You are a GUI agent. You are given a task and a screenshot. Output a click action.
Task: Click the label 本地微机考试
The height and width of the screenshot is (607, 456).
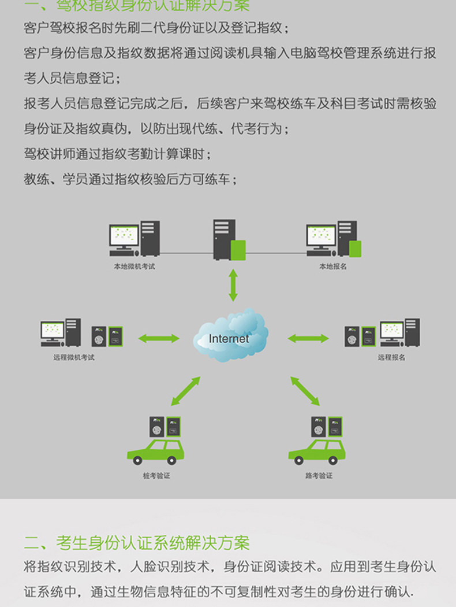click(134, 267)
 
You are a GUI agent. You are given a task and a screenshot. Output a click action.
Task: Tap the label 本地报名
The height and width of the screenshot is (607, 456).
click(333, 267)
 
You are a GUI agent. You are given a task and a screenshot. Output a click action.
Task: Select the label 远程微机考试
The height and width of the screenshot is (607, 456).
click(73, 357)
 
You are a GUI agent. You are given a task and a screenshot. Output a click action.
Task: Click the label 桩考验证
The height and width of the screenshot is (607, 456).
click(156, 476)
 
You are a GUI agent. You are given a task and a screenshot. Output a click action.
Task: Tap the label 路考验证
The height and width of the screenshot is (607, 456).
click(319, 476)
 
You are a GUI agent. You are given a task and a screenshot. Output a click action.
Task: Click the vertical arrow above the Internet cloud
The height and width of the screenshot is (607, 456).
click(233, 285)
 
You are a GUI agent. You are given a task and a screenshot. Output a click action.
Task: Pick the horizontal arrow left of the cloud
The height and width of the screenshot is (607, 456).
click(159, 338)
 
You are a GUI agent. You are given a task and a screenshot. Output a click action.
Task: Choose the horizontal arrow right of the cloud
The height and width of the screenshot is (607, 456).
click(308, 338)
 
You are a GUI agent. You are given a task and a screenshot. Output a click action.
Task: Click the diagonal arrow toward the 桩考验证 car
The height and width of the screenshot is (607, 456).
click(185, 391)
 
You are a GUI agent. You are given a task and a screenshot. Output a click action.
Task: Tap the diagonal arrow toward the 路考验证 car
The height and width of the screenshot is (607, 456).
click(305, 391)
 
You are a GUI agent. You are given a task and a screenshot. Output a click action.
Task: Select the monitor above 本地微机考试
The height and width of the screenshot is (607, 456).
click(124, 236)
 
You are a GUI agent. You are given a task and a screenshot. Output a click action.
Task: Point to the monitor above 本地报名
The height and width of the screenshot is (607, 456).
click(321, 236)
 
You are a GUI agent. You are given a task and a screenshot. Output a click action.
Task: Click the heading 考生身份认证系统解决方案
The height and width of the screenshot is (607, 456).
click(153, 543)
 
